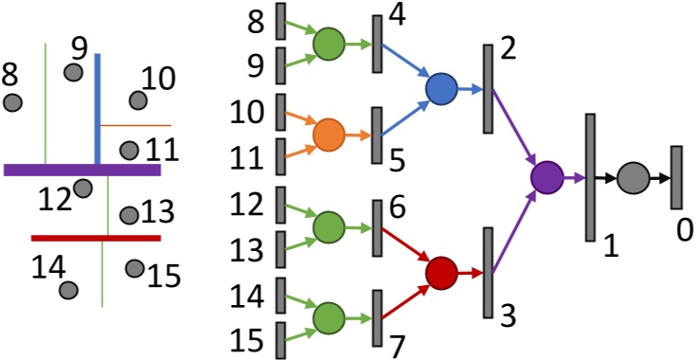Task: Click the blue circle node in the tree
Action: coord(441,89)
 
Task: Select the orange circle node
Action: coord(329,135)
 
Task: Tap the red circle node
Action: coord(441,273)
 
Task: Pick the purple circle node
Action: coord(546,176)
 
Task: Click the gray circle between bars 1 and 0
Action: coord(632,177)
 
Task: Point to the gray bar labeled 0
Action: coord(676,177)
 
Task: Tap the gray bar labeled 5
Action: coord(376,135)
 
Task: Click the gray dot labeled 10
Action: coord(138,99)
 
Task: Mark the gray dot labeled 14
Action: coord(67,290)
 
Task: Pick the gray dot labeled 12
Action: coord(82,189)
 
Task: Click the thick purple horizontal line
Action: coord(82,170)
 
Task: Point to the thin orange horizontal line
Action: coord(135,125)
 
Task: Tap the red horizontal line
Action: coord(96,238)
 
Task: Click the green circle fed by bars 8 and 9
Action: coord(329,44)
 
